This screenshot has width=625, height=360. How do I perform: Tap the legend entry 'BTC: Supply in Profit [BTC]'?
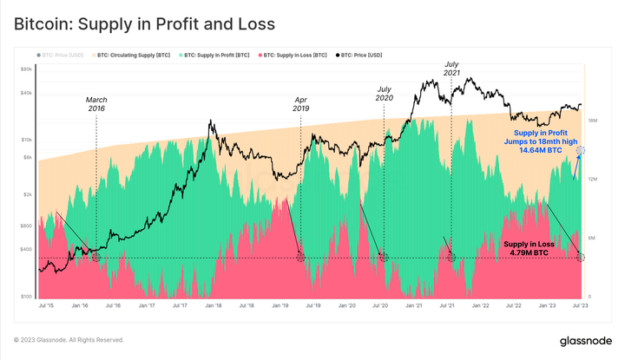(x=215, y=55)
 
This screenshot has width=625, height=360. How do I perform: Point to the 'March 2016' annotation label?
(x=96, y=103)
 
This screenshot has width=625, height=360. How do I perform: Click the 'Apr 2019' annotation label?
(x=300, y=103)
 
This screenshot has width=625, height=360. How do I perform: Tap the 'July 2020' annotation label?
(x=384, y=93)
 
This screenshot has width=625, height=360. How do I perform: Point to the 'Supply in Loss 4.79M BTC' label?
(x=529, y=249)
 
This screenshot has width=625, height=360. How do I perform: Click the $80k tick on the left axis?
(x=26, y=69)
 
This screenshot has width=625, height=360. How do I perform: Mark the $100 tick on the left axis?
(x=26, y=297)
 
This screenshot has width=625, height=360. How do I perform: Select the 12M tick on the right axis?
(x=592, y=179)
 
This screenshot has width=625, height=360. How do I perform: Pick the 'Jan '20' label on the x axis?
(x=347, y=306)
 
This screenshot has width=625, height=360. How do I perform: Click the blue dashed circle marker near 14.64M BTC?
(x=580, y=150)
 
